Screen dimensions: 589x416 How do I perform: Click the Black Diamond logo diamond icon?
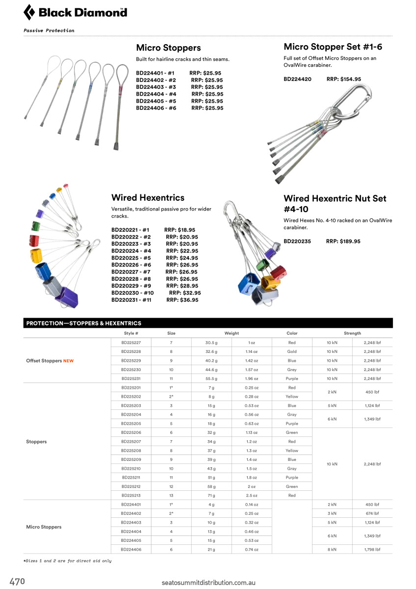click(29, 12)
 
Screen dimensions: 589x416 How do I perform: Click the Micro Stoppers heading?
click(168, 48)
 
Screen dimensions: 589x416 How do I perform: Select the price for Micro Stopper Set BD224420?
click(344, 79)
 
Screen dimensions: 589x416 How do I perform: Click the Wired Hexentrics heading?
click(148, 197)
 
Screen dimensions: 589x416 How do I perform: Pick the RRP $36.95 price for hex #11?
click(182, 300)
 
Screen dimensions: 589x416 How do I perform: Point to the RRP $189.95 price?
click(343, 241)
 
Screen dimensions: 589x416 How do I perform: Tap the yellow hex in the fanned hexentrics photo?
click(36, 255)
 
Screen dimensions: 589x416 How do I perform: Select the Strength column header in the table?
click(352, 333)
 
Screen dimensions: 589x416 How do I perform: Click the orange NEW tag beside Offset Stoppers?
click(69, 361)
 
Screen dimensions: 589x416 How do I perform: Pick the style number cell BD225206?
click(131, 432)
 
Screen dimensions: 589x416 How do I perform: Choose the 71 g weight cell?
click(211, 495)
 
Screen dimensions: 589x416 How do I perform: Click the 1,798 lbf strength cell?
click(372, 549)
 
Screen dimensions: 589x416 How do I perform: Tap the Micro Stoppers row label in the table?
click(44, 527)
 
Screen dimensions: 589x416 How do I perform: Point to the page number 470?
click(17, 582)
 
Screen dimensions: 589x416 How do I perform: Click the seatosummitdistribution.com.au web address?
click(208, 583)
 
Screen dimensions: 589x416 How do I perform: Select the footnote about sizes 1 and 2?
click(68, 561)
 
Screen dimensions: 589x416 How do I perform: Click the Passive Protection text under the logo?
click(49, 30)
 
